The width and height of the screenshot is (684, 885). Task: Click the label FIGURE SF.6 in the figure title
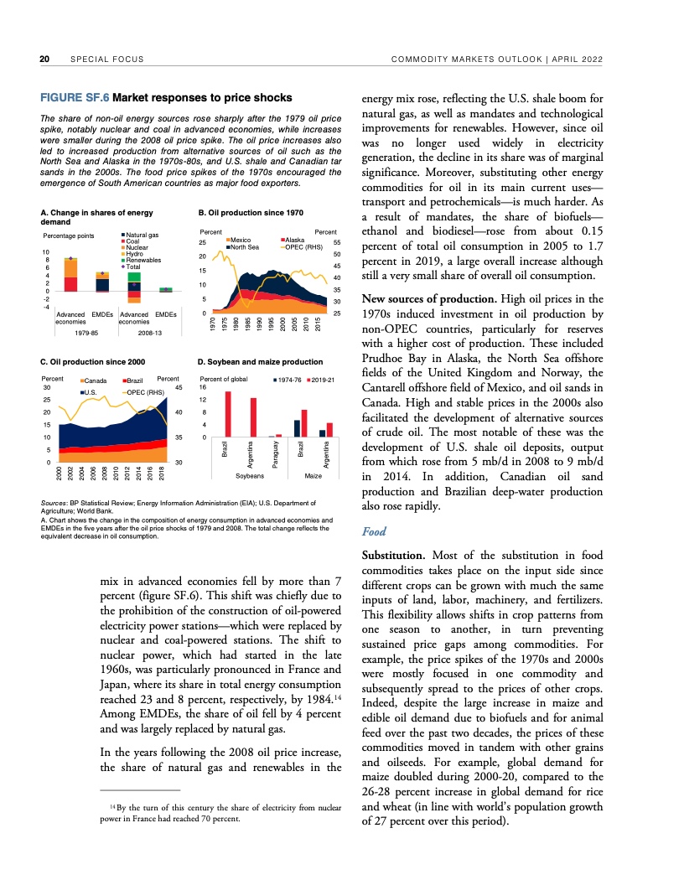[74, 98]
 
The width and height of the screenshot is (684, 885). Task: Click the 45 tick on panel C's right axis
[179, 386]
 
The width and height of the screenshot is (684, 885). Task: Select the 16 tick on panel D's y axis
[201, 388]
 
